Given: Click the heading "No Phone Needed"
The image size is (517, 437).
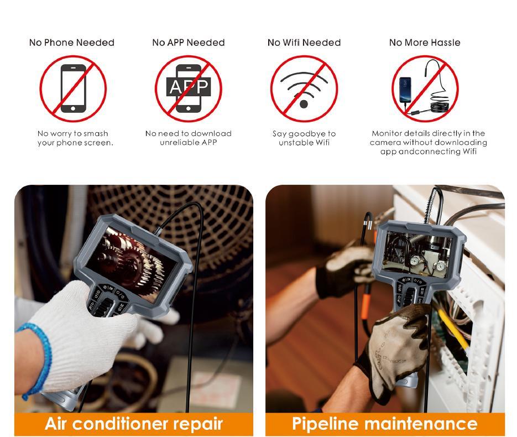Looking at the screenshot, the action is click(72, 43).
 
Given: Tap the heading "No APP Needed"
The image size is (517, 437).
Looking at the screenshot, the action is click(189, 43).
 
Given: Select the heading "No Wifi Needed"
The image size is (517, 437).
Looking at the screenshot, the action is click(304, 43).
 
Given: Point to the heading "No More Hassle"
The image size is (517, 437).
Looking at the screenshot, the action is click(425, 43).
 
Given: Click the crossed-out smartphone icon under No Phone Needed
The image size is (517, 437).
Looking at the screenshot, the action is click(73, 89).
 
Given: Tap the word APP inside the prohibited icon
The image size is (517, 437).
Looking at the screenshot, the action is click(189, 87).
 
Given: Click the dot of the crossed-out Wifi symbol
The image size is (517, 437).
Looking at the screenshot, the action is click(304, 104).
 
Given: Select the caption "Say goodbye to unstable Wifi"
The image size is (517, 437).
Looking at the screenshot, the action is click(304, 138).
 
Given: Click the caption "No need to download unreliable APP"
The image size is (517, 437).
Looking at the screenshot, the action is click(189, 138).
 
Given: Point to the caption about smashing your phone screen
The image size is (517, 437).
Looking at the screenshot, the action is click(75, 138).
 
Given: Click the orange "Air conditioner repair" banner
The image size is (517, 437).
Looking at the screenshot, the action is click(134, 424).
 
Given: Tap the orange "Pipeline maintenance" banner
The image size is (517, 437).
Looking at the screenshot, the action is click(385, 424).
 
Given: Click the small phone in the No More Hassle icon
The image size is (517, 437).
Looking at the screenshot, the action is click(405, 90).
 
